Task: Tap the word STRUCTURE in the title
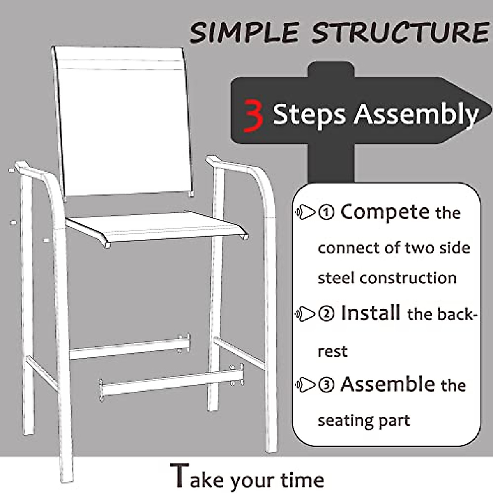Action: click(x=401, y=33)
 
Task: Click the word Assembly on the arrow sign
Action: click(x=417, y=114)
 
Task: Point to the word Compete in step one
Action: click(x=385, y=212)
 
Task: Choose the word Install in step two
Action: click(x=371, y=313)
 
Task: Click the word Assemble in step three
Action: click(x=387, y=385)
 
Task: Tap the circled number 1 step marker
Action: click(x=327, y=213)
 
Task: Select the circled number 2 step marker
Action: click(x=327, y=314)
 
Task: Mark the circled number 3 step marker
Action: click(x=327, y=385)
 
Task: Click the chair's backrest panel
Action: click(x=123, y=123)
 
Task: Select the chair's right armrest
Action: click(x=234, y=164)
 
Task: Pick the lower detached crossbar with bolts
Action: click(x=170, y=382)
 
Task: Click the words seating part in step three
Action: click(x=364, y=421)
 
